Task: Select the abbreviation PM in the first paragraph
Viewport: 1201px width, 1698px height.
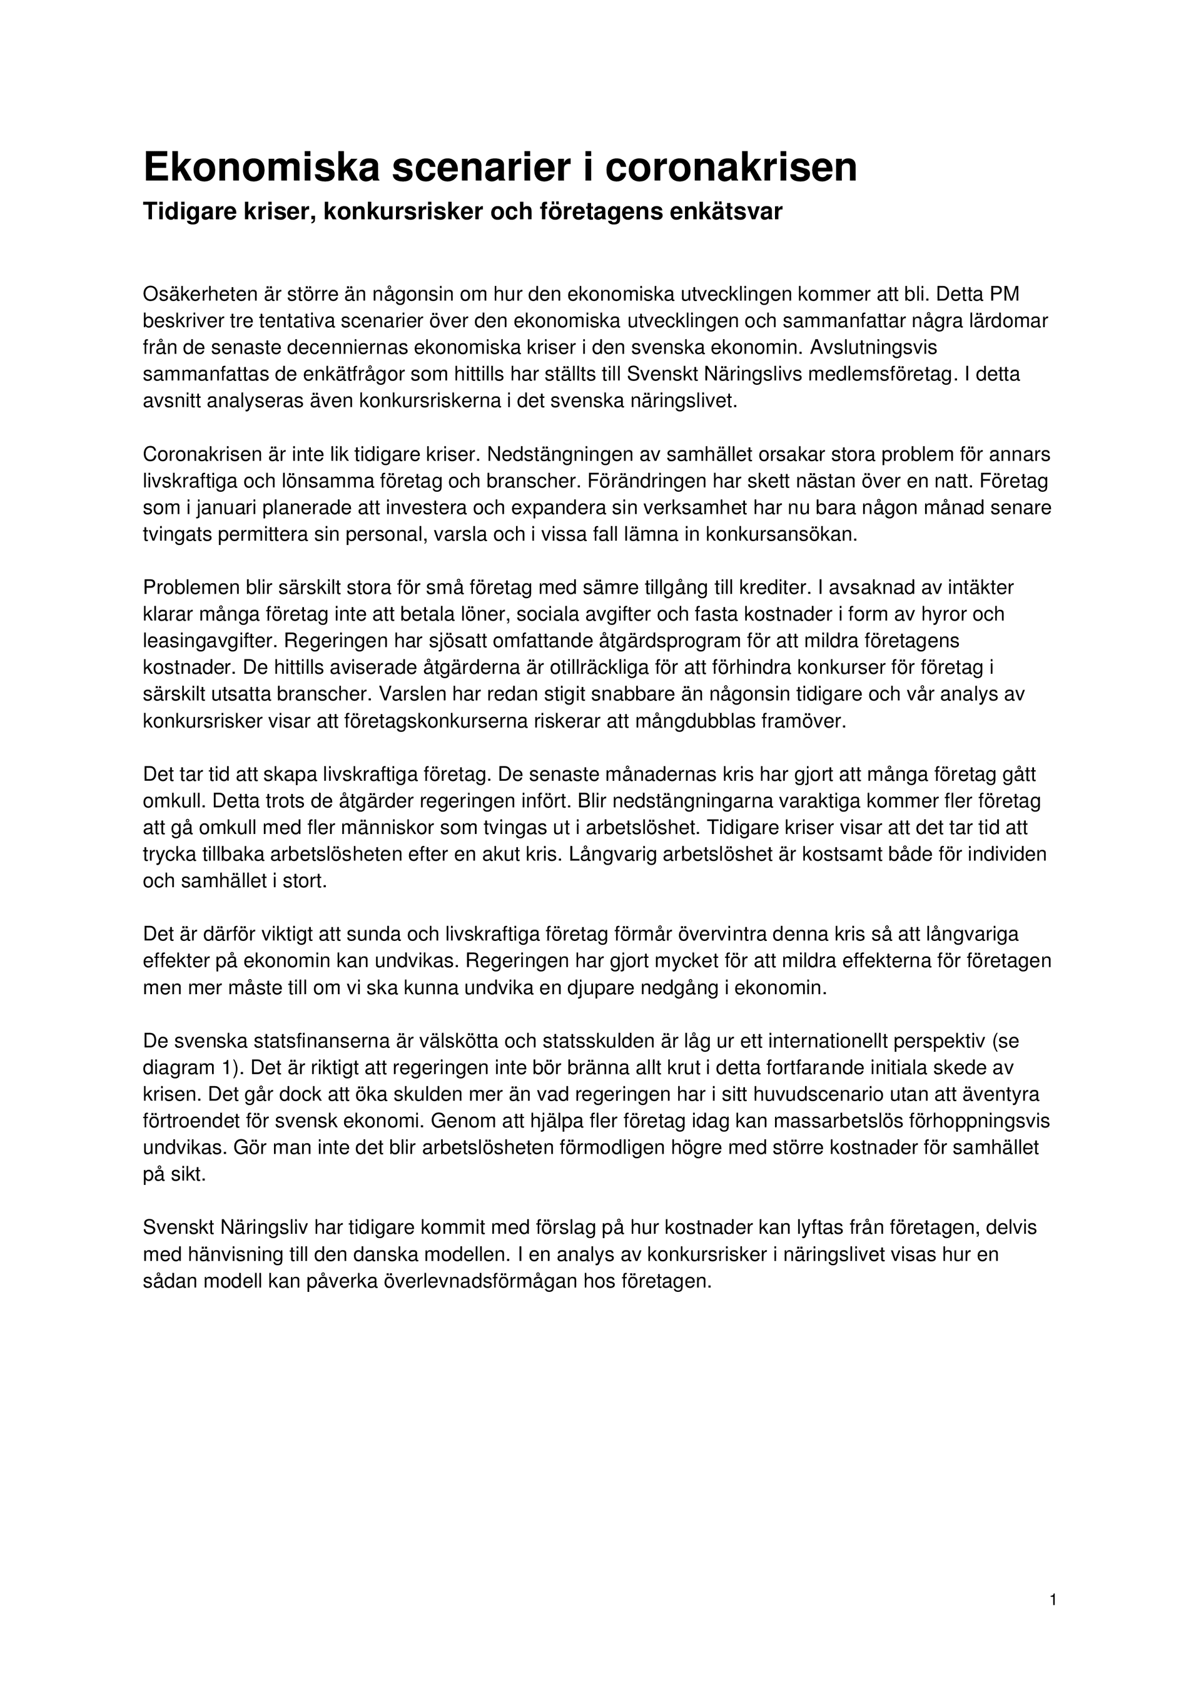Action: point(1003,294)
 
